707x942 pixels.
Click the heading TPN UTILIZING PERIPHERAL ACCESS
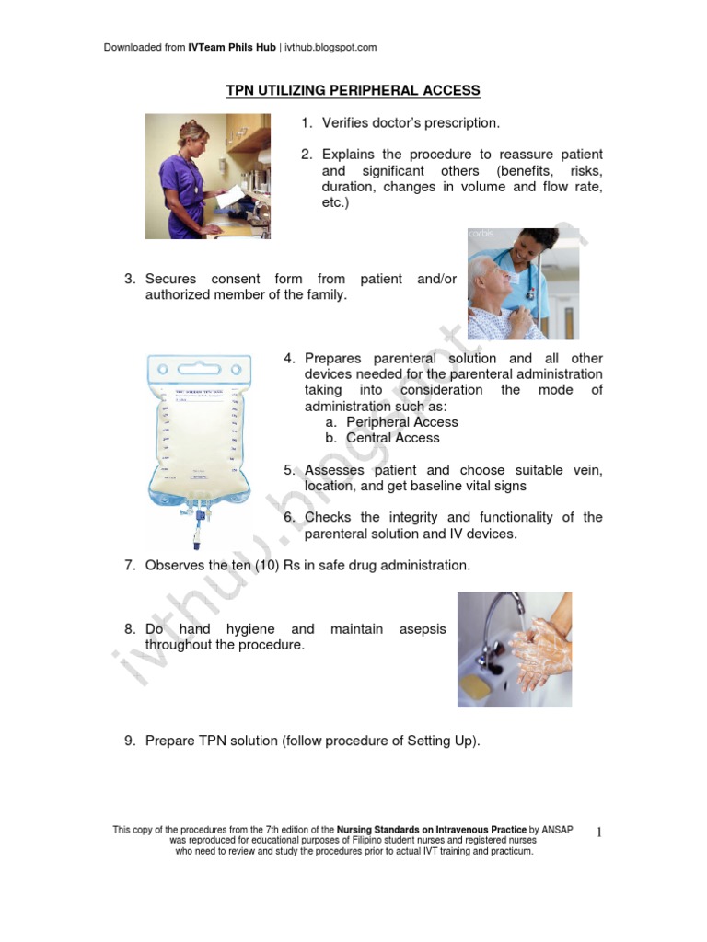[x=353, y=90]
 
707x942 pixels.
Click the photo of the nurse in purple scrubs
[x=207, y=176]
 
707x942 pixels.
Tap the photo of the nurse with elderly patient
[x=524, y=283]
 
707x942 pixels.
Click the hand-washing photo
[x=514, y=649]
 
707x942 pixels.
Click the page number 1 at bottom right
[x=598, y=833]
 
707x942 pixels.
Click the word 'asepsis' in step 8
[x=423, y=629]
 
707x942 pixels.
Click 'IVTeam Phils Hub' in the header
[x=232, y=47]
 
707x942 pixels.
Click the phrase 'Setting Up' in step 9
[x=442, y=741]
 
